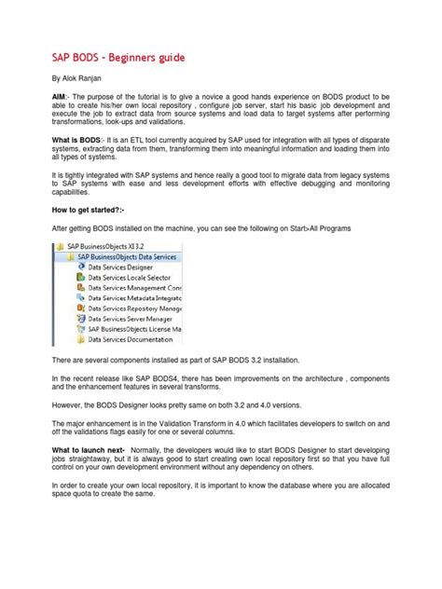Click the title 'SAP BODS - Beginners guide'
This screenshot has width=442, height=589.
[117, 58]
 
